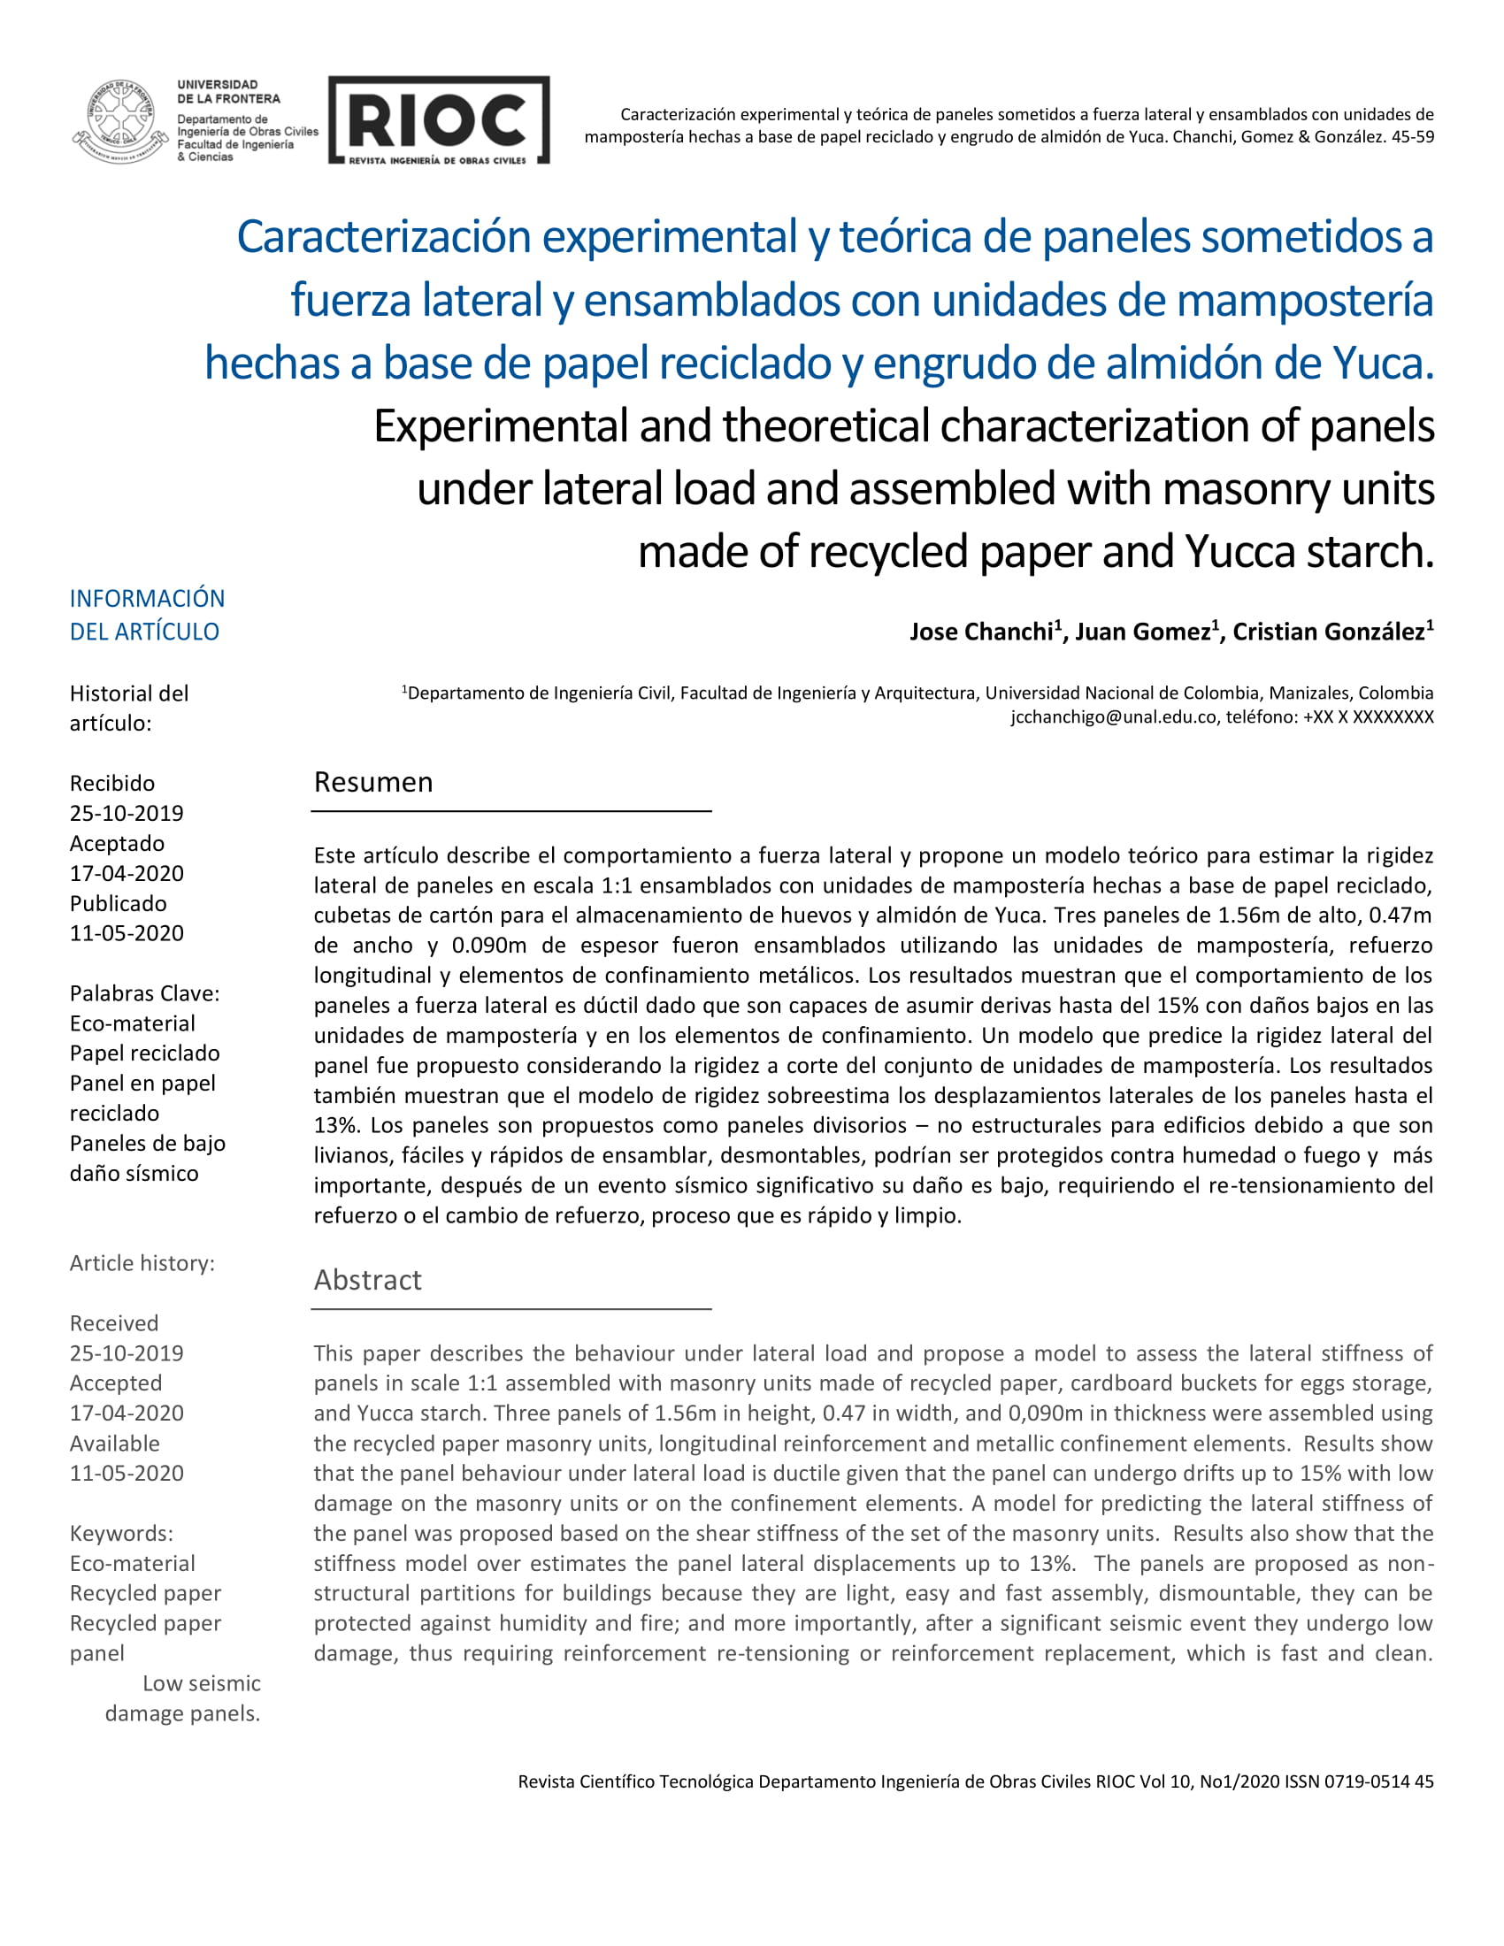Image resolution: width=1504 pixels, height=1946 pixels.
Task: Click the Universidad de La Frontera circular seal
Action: [120, 121]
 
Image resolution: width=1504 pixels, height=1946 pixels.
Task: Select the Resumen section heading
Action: [373, 782]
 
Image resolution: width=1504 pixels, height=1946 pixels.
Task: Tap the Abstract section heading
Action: [367, 1280]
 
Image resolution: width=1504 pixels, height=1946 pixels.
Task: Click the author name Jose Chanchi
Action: [981, 632]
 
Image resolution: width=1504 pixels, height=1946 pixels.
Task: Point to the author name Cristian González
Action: [1329, 632]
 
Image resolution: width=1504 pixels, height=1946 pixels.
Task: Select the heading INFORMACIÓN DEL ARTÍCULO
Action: [147, 615]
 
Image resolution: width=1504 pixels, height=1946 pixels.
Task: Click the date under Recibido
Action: [127, 813]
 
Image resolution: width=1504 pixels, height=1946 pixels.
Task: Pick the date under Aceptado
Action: [127, 873]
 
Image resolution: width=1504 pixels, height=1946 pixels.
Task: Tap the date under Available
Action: [127, 1473]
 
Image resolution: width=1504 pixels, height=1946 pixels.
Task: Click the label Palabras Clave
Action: [144, 993]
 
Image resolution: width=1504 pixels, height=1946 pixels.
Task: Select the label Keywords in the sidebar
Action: [121, 1534]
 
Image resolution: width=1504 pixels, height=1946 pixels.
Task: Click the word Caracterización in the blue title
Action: [383, 237]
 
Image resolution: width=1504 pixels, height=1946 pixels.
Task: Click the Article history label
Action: [142, 1262]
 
